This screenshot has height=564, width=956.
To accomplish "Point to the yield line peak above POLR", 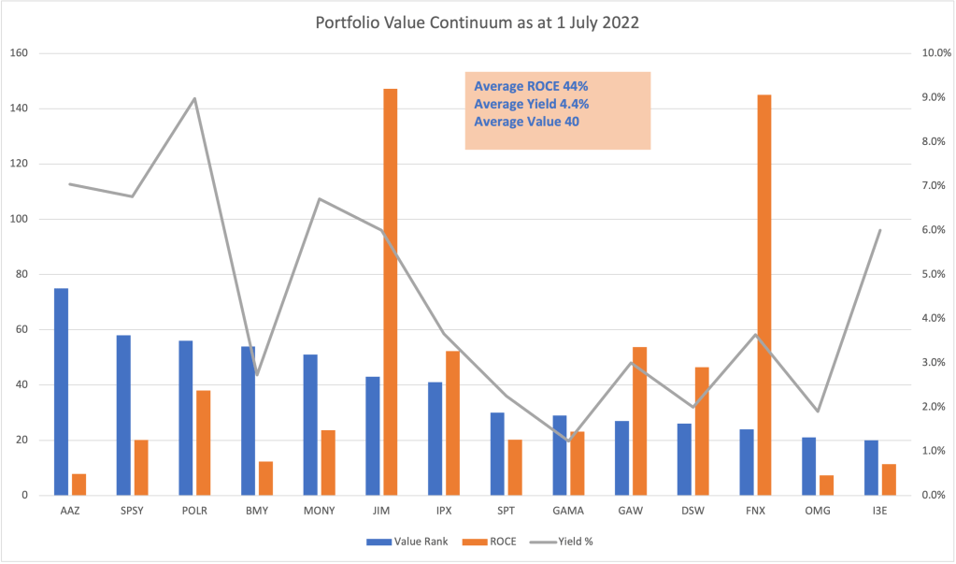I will point(194,98).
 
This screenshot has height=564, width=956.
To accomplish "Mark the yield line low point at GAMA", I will point(568,441).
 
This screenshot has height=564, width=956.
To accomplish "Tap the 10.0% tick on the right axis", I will point(935,53).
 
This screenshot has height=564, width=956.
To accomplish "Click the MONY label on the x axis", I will point(319,512).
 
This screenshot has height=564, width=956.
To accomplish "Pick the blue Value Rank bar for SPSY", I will point(123,414).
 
